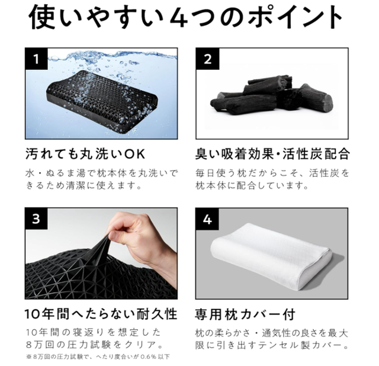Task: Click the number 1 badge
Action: click(x=36, y=59)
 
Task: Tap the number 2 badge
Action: click(x=207, y=59)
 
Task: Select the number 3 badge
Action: click(x=36, y=219)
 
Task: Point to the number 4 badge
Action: click(x=207, y=219)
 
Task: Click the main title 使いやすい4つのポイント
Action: click(x=185, y=17)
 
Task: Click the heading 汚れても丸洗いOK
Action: click(x=85, y=154)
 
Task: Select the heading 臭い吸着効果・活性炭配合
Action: click(x=272, y=154)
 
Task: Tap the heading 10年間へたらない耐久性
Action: click(x=101, y=314)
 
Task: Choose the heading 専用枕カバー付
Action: click(x=245, y=314)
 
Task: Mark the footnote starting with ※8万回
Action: click(x=98, y=357)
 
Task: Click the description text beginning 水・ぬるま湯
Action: click(x=101, y=179)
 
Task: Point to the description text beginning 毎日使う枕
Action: click(x=272, y=179)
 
